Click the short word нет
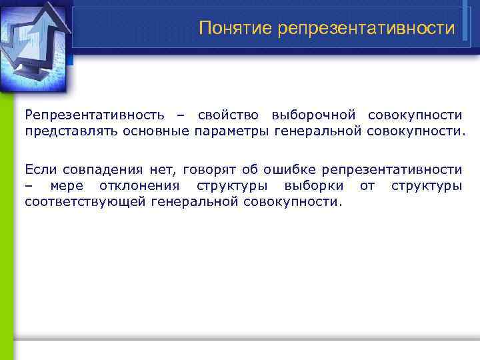[x=160, y=169]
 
